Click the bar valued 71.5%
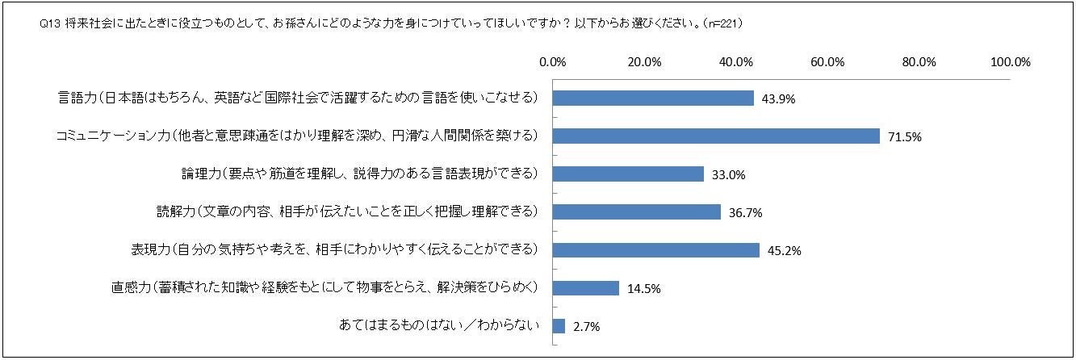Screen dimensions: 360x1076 click(716, 136)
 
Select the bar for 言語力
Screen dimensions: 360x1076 click(653, 98)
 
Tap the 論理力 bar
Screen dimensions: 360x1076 click(628, 174)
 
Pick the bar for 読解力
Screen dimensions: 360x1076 click(637, 211)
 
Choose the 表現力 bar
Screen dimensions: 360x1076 click(656, 249)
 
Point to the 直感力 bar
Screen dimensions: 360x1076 click(586, 288)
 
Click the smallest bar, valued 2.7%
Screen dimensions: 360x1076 click(559, 326)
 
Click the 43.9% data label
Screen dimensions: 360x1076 click(779, 99)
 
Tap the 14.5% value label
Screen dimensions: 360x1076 click(644, 289)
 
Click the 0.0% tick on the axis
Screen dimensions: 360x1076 click(553, 62)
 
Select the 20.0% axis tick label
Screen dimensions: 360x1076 click(644, 62)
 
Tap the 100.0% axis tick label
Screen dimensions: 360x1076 click(1010, 62)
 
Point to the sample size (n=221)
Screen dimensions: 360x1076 click(722, 24)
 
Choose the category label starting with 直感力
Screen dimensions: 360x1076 click(324, 288)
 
